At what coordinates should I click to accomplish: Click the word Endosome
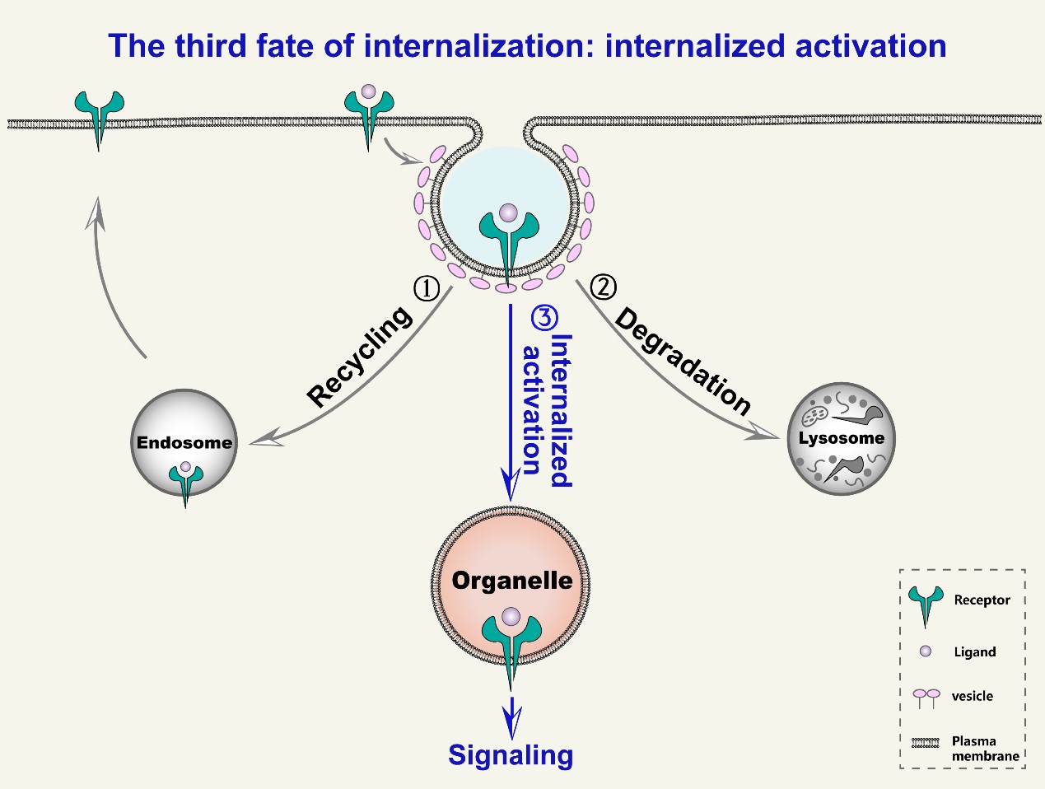(184, 442)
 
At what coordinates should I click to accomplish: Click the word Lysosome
(842, 438)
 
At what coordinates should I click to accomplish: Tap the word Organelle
(512, 581)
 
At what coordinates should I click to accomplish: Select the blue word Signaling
(511, 755)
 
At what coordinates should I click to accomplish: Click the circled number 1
(427, 288)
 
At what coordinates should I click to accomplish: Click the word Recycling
(360, 357)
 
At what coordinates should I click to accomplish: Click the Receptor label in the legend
(982, 600)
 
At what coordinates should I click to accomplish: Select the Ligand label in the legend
(975, 652)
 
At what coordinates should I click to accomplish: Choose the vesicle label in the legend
(973, 696)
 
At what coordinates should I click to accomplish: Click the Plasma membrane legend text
(985, 749)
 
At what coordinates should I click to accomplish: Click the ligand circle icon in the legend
(925, 651)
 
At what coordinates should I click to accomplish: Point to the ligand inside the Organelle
(511, 616)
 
